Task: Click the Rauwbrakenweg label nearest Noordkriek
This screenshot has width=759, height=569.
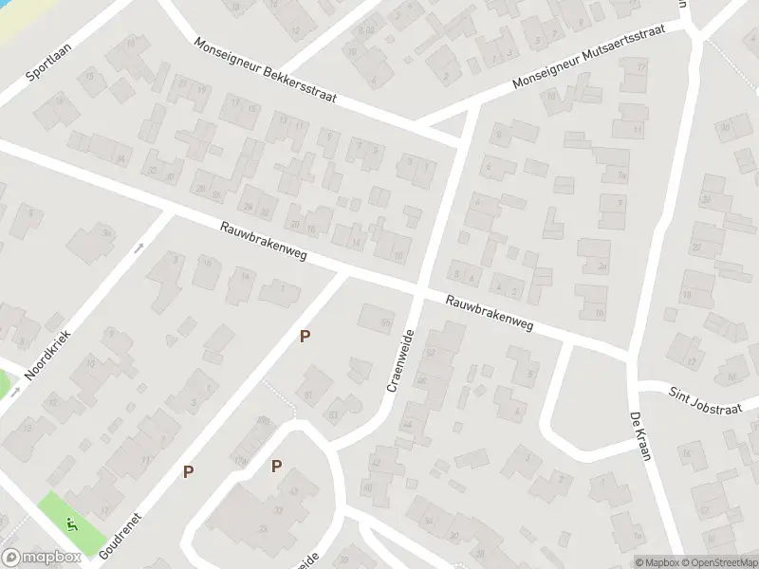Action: click(x=263, y=244)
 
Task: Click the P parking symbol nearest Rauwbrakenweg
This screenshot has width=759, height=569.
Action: click(x=305, y=336)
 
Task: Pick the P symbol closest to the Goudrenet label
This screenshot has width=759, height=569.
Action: click(x=189, y=471)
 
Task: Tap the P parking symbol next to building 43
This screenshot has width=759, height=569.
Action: click(x=276, y=466)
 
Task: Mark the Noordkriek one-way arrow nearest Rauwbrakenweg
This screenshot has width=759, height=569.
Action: click(x=139, y=248)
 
